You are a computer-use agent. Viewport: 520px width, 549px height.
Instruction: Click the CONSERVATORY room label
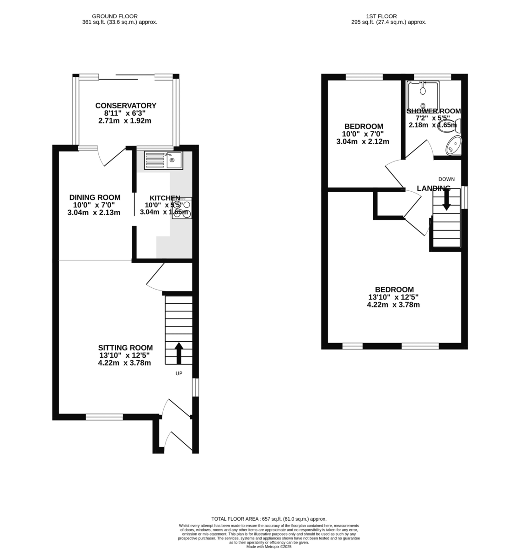pos(126,106)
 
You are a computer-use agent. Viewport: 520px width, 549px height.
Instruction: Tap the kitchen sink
pos(163,160)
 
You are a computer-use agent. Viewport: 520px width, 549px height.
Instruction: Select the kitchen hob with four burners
pos(182,210)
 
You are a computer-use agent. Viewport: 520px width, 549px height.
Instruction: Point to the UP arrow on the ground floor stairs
pos(179,353)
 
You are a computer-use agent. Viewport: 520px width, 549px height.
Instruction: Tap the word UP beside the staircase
pos(179,373)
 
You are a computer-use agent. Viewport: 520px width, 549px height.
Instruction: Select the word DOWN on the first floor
pos(446,179)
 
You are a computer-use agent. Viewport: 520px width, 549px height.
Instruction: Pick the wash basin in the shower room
pos(453,145)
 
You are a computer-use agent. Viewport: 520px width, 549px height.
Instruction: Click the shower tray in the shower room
pos(423,97)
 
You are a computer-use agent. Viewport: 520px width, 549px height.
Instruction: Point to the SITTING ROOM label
pos(125,348)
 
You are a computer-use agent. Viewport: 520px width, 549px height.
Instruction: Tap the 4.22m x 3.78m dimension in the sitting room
pos(124,363)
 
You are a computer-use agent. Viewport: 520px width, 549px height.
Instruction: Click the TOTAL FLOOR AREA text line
pos(269,519)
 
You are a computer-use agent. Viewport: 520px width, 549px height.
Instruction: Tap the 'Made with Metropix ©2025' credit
pos(269,546)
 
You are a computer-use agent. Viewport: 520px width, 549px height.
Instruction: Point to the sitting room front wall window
pos(104,417)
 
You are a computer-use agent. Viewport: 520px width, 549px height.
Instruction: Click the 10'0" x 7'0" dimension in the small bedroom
pos(363,134)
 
